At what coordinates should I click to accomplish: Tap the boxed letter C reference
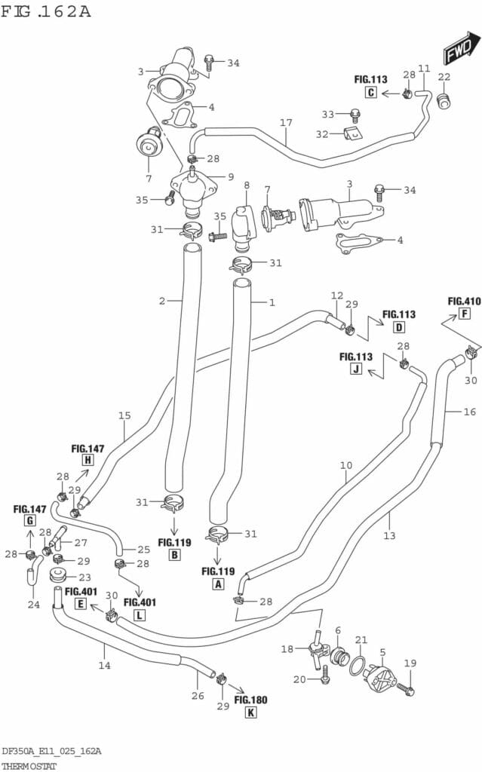[x=370, y=93]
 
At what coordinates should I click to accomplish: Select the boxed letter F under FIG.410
[x=465, y=314]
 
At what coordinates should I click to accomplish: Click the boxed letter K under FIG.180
[x=251, y=712]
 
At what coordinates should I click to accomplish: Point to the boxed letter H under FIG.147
[x=87, y=460]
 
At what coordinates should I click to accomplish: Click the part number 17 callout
[x=286, y=123]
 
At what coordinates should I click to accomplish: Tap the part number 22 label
[x=444, y=77]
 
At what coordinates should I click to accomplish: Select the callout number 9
[x=231, y=177]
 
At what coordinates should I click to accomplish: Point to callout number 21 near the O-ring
[x=361, y=639]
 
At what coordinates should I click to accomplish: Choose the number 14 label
[x=104, y=665]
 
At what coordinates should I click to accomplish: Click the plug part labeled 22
[x=444, y=100]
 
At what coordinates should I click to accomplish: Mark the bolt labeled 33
[x=355, y=115]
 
